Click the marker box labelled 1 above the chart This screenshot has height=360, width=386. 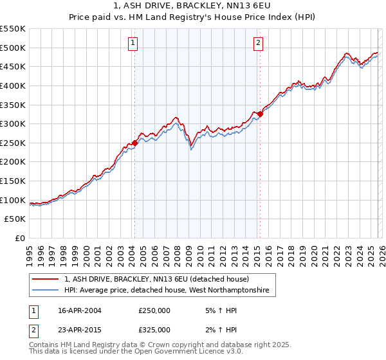[133, 43]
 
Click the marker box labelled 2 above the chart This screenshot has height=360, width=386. [258, 43]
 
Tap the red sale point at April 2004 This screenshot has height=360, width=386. [135, 143]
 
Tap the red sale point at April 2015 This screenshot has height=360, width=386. [260, 114]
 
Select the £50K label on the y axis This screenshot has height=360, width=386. [15, 219]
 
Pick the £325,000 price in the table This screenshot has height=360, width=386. [154, 330]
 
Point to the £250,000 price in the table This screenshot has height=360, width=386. [154, 310]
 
